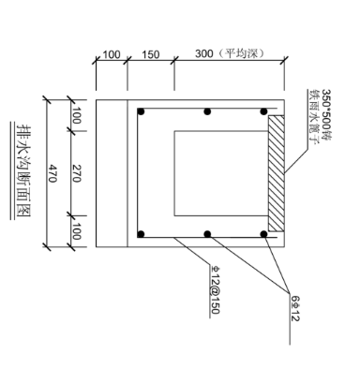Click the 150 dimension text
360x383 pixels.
151,54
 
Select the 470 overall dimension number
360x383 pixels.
52,174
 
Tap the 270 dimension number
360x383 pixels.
77,173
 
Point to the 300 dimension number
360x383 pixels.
204,53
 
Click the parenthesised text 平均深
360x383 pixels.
242,53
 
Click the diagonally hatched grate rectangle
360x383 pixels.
277,173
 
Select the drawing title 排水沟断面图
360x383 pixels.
23,171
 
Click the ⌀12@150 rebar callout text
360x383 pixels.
215,289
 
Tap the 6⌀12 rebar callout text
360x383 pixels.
295,308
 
